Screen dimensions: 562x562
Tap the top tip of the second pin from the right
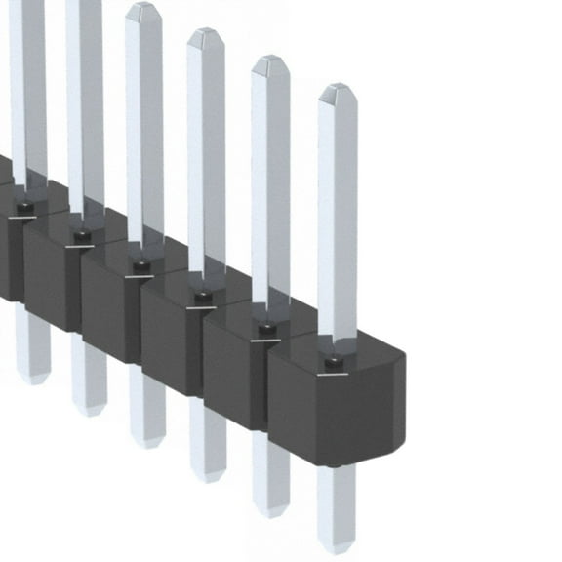point(270,61)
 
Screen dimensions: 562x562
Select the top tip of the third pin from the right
point(206,34)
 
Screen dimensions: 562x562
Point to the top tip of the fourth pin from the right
point(143,8)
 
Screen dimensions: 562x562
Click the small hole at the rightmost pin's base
point(334,362)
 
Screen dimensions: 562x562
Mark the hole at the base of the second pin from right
point(266,329)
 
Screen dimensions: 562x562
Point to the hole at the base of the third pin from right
point(202,296)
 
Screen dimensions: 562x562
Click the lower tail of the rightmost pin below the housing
point(336,507)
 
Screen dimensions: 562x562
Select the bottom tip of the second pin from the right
point(270,511)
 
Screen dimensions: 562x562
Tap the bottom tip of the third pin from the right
point(207,477)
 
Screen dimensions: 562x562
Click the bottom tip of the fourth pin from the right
point(147,443)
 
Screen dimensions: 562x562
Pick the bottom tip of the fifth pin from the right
point(89,411)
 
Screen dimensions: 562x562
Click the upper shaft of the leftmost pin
point(27,88)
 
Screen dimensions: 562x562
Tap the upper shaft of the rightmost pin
point(337,215)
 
